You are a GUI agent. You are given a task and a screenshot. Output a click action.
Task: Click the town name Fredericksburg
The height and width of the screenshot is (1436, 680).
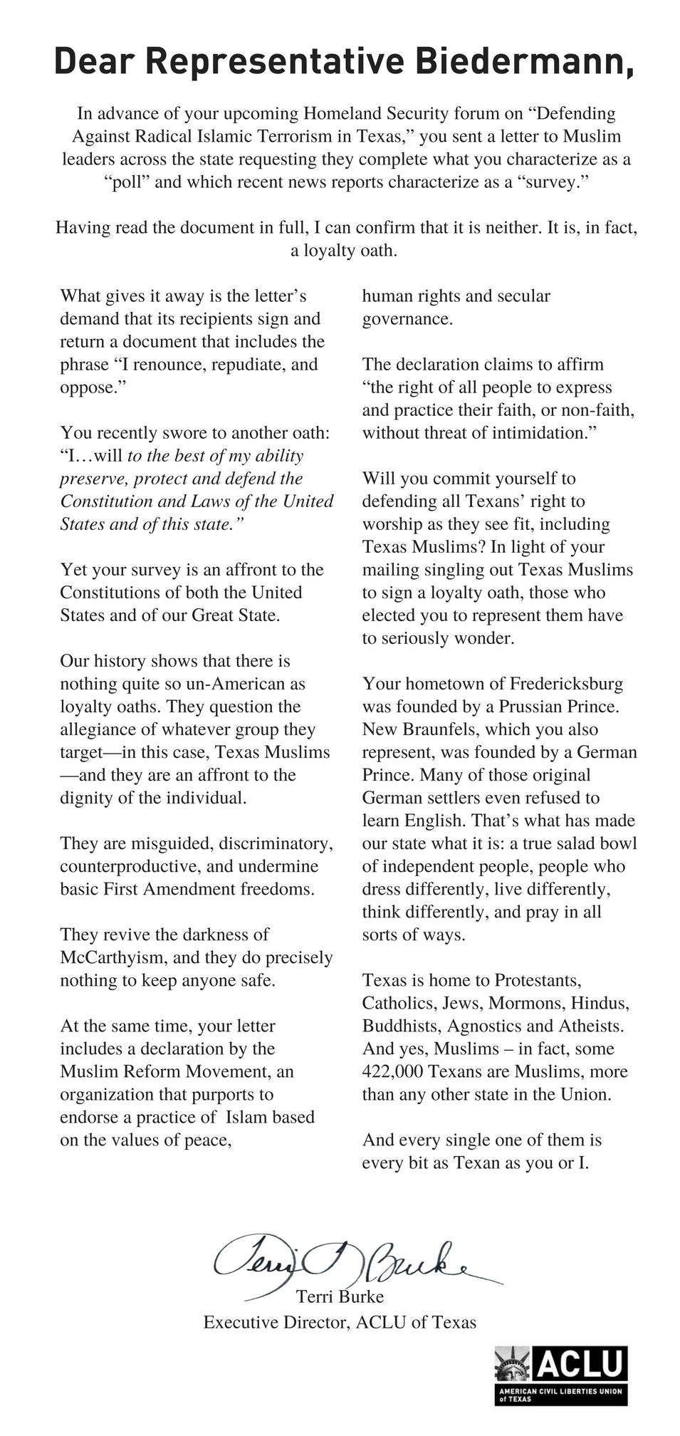pyautogui.click(x=566, y=684)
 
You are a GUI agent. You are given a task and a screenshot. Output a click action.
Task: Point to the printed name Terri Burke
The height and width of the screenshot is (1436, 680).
pyautogui.click(x=340, y=1296)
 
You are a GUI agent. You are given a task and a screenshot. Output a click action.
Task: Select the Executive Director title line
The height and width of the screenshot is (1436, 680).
pyautogui.click(x=340, y=1322)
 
